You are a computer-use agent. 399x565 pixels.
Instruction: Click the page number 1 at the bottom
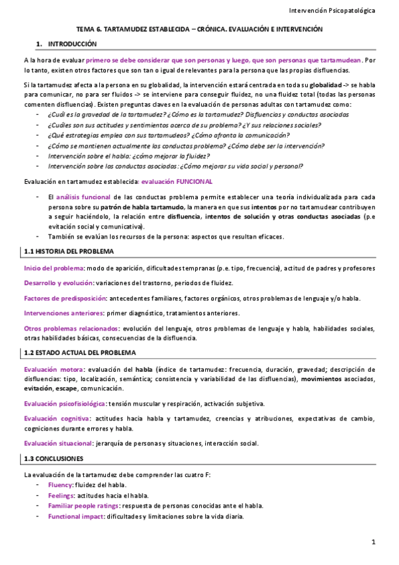tap(374, 542)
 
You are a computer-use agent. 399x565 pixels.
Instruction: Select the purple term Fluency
tap(61, 484)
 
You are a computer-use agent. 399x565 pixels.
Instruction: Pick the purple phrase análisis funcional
tap(83, 198)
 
